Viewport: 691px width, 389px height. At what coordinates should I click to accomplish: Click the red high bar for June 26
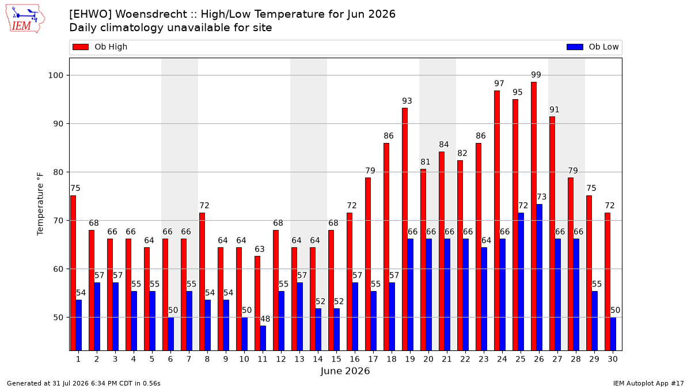(x=534, y=216)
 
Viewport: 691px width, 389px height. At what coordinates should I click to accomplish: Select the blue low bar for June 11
(x=263, y=338)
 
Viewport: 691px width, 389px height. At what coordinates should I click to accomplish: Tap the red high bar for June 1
(x=73, y=273)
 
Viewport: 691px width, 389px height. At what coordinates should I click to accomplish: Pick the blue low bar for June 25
(x=521, y=282)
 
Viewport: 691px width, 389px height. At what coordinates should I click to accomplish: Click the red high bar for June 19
(x=405, y=229)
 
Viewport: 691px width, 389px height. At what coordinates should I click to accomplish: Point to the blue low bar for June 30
(x=613, y=334)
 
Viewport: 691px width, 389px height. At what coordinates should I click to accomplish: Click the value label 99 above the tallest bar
(x=536, y=75)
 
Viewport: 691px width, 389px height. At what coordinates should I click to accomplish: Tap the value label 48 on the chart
(x=265, y=319)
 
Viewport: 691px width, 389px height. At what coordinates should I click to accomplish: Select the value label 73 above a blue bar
(x=542, y=197)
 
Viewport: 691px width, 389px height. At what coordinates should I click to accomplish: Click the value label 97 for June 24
(x=499, y=84)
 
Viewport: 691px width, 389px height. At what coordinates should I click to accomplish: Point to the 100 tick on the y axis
(x=55, y=75)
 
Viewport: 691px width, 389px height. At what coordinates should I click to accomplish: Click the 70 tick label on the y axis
(x=58, y=220)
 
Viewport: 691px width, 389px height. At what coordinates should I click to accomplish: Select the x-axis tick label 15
(x=336, y=359)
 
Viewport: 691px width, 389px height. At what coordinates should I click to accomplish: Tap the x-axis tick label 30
(x=613, y=359)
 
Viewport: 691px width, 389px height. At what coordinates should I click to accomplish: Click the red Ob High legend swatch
(x=81, y=47)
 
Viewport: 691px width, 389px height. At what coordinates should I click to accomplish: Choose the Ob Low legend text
(x=603, y=47)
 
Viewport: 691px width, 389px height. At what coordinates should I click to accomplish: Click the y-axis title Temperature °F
(x=40, y=204)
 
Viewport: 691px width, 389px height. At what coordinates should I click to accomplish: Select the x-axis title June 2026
(x=345, y=371)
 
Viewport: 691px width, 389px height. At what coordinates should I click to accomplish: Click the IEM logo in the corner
(x=25, y=19)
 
